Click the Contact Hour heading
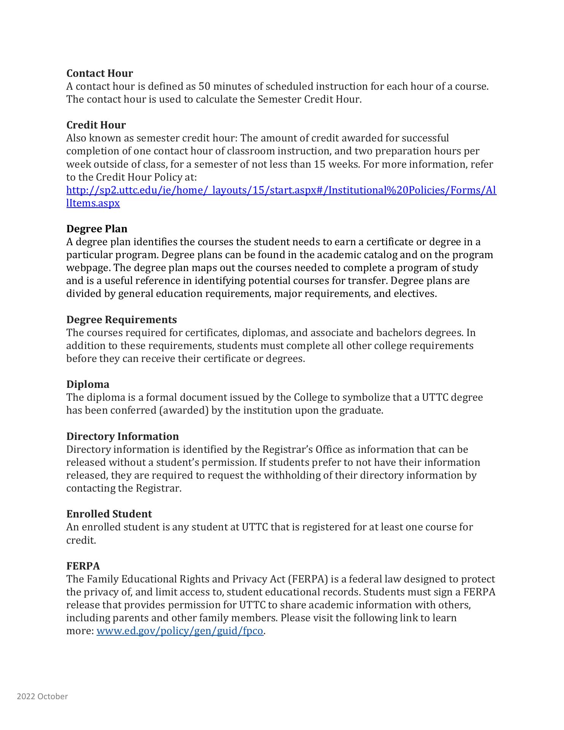[x=100, y=73]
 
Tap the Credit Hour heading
[x=96, y=125]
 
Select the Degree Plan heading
[x=97, y=229]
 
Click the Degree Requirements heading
[x=121, y=319]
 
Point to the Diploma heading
[x=87, y=384]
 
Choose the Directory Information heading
[x=122, y=436]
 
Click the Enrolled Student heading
[x=109, y=514]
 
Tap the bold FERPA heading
[x=83, y=566]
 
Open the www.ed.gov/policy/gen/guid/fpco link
[x=180, y=631]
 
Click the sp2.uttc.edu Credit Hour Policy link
[x=281, y=190]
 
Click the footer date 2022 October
[x=42, y=697]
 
